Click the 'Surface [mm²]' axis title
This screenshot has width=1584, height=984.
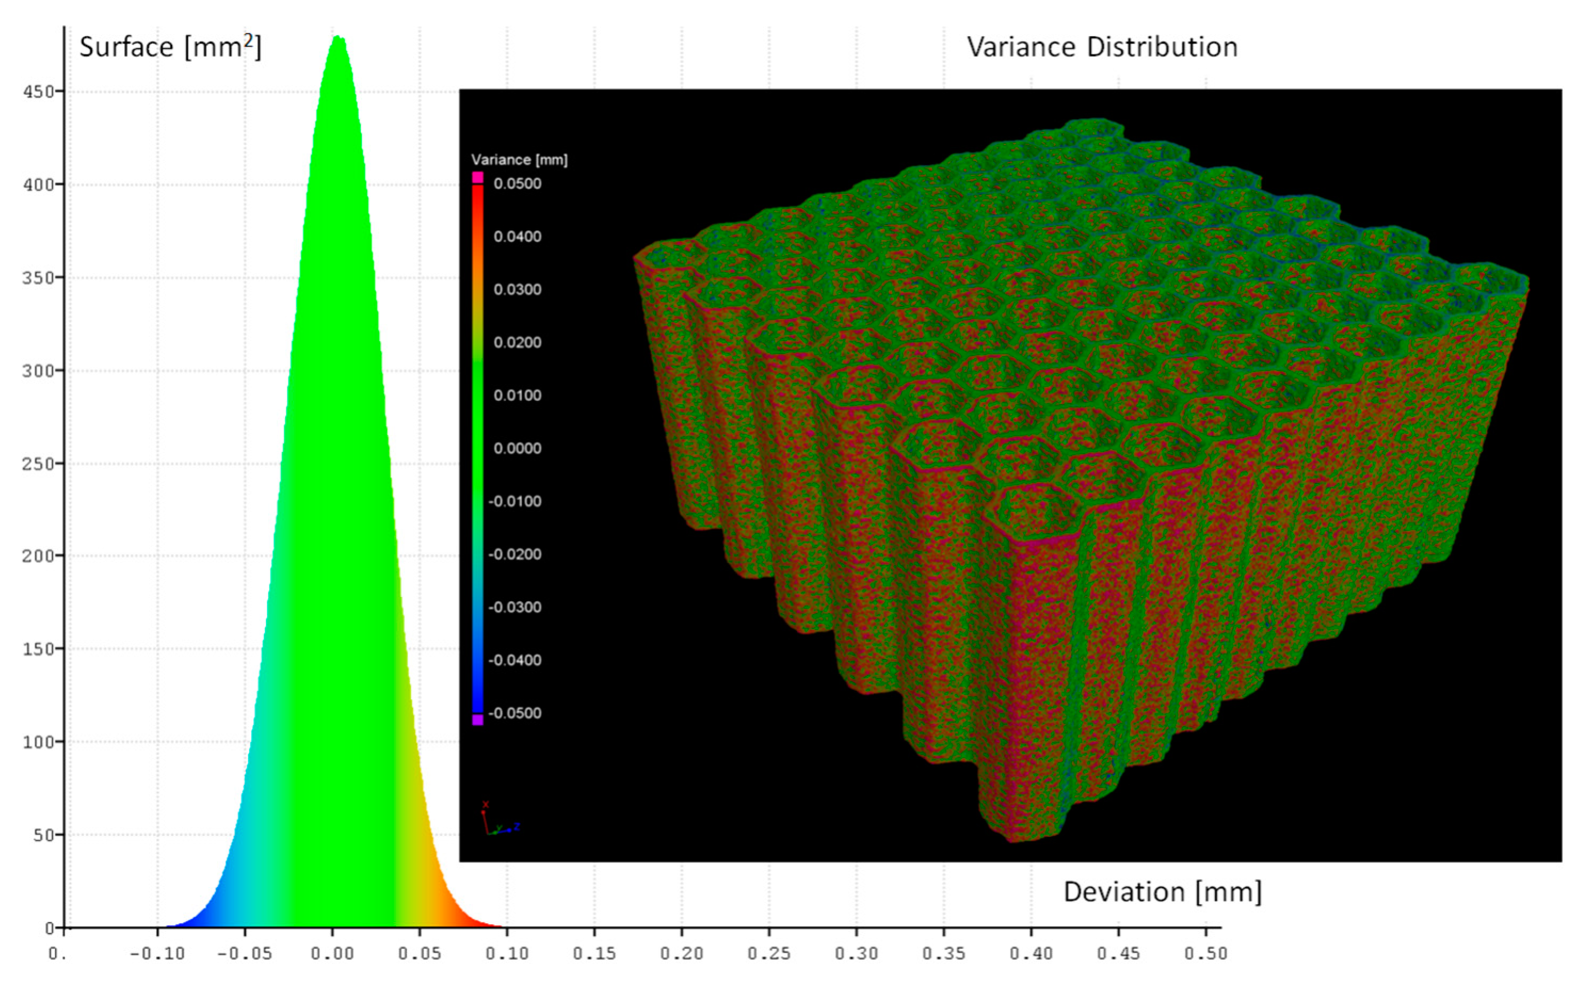point(170,47)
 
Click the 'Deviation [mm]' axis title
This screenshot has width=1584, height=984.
point(1162,892)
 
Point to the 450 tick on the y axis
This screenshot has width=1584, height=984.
point(39,92)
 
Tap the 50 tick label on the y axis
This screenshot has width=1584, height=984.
point(44,835)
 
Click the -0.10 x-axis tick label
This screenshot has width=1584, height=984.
point(157,954)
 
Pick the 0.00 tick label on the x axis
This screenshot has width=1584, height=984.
point(332,954)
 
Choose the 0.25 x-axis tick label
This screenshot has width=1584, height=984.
point(769,954)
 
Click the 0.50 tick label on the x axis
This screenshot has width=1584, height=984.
point(1206,954)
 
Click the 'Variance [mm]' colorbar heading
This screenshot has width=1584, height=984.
point(519,160)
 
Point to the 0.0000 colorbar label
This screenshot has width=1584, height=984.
point(517,448)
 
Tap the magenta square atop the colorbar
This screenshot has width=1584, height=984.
point(478,177)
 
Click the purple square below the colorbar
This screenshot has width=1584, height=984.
point(478,720)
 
